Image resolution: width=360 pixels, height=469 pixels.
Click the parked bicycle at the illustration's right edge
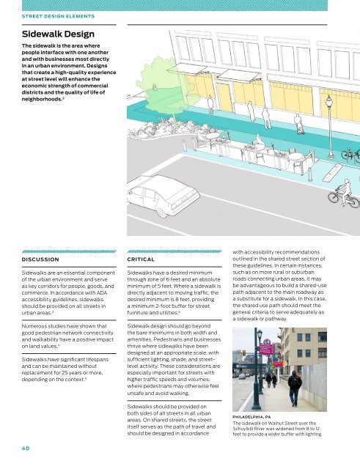(x=351, y=154)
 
